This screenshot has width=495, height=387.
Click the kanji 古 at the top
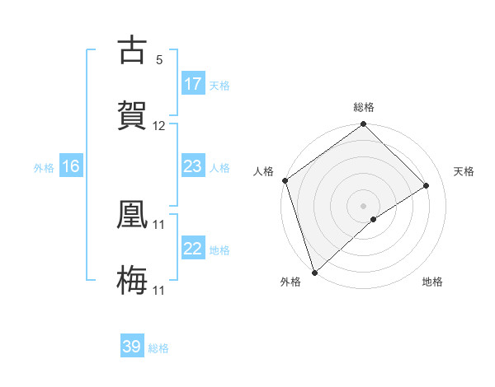(132, 51)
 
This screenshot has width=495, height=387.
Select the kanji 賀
(132, 114)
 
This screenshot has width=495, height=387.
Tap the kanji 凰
(132, 212)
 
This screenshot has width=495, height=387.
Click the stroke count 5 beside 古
(159, 59)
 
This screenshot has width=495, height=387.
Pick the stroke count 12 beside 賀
(159, 126)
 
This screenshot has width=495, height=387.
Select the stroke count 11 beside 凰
(159, 223)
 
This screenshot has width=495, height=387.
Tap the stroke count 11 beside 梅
(159, 290)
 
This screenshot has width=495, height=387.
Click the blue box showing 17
(193, 84)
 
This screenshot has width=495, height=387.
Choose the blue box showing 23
(193, 166)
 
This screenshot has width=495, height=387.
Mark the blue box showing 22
(193, 249)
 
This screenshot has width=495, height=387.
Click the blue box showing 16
(71, 166)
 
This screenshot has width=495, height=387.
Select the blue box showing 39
(132, 347)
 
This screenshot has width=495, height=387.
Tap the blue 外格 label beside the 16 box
(44, 167)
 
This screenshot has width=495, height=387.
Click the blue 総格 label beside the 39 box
(158, 348)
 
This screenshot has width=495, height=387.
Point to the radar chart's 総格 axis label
(364, 107)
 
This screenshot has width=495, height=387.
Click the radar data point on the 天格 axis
(427, 186)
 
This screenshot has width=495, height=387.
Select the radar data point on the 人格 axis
(285, 181)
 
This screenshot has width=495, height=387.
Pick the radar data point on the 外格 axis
(313, 273)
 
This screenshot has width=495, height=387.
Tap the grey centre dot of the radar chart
(363, 205)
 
